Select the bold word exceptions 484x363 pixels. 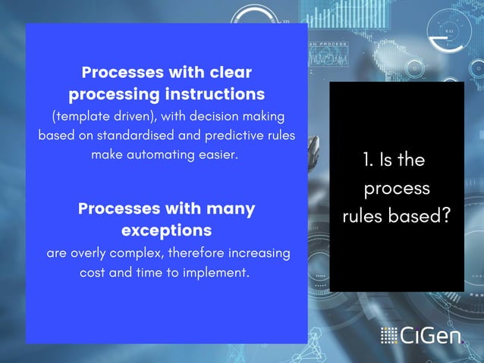pyautogui.click(x=166, y=229)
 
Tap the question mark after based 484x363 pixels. pyautogui.click(x=445, y=216)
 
